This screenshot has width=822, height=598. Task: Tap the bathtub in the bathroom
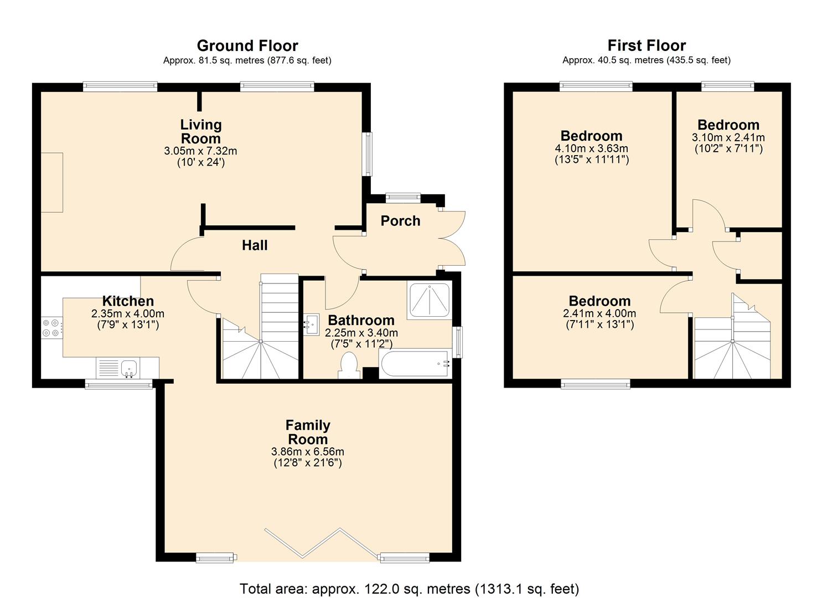[415, 363]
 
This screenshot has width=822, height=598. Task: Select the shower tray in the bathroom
[430, 300]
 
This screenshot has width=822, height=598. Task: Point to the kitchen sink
[128, 367]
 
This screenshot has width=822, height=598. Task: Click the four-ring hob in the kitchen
[50, 327]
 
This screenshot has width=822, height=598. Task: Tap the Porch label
[400, 221]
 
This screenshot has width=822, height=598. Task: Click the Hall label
[255, 245]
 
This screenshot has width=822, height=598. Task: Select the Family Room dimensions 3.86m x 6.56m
[308, 452]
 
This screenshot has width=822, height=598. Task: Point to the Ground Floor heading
[247, 45]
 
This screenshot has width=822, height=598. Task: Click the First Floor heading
[647, 45]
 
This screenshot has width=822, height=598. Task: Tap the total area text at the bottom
[409, 588]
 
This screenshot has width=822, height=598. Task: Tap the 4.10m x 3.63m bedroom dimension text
[591, 148]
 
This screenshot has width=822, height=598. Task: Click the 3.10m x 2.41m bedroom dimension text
[728, 137]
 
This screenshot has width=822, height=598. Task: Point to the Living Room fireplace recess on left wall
[51, 182]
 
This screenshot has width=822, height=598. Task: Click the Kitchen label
[128, 301]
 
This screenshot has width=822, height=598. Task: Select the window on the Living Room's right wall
[367, 154]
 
